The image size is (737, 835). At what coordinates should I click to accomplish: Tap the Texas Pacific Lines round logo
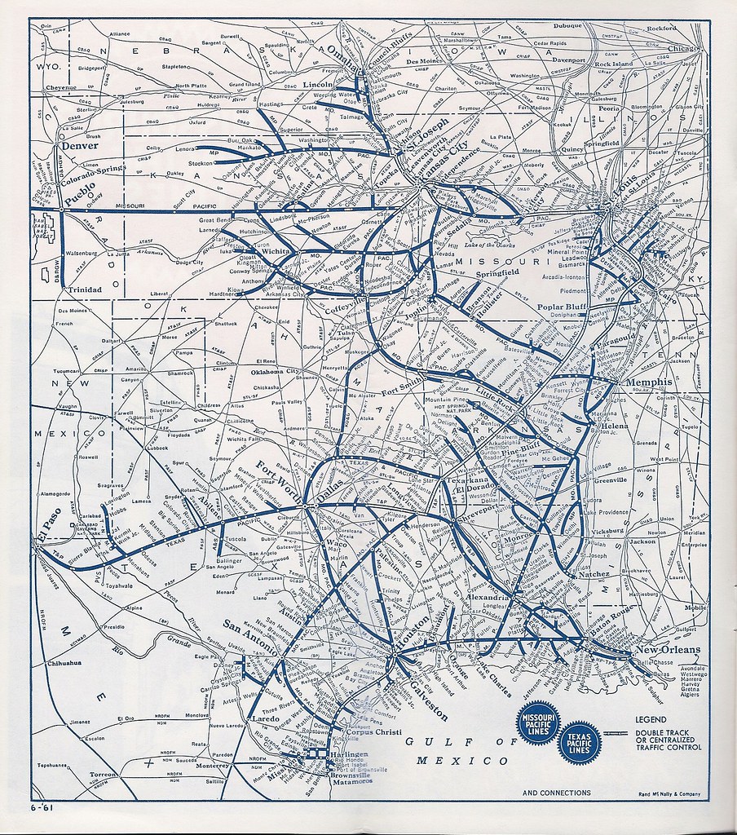click(579, 742)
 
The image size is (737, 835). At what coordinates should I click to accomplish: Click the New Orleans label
click(668, 650)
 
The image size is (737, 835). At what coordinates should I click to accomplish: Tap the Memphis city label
click(649, 382)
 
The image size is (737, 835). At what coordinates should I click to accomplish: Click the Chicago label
click(681, 48)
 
